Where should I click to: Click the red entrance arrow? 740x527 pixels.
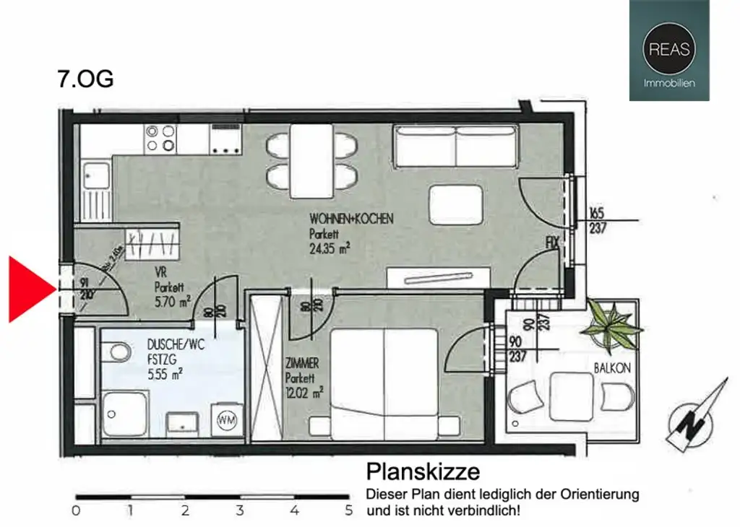[x=29, y=289]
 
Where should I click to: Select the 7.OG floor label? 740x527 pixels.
[x=85, y=79]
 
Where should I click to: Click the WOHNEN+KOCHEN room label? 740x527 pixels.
[x=351, y=219]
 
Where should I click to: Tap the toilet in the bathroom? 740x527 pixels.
[x=115, y=354]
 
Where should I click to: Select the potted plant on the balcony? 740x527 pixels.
[x=614, y=324]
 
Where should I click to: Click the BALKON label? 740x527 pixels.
[x=612, y=368]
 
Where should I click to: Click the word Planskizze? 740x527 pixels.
[x=423, y=472]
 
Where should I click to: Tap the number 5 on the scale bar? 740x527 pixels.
[x=349, y=511]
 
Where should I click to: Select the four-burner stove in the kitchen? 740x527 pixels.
[x=160, y=137]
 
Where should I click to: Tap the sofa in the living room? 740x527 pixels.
[x=455, y=145]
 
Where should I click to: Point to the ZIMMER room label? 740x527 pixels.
[x=302, y=364]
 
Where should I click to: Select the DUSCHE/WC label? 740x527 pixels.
[x=176, y=345]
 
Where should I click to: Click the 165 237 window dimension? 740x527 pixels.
[x=596, y=221]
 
